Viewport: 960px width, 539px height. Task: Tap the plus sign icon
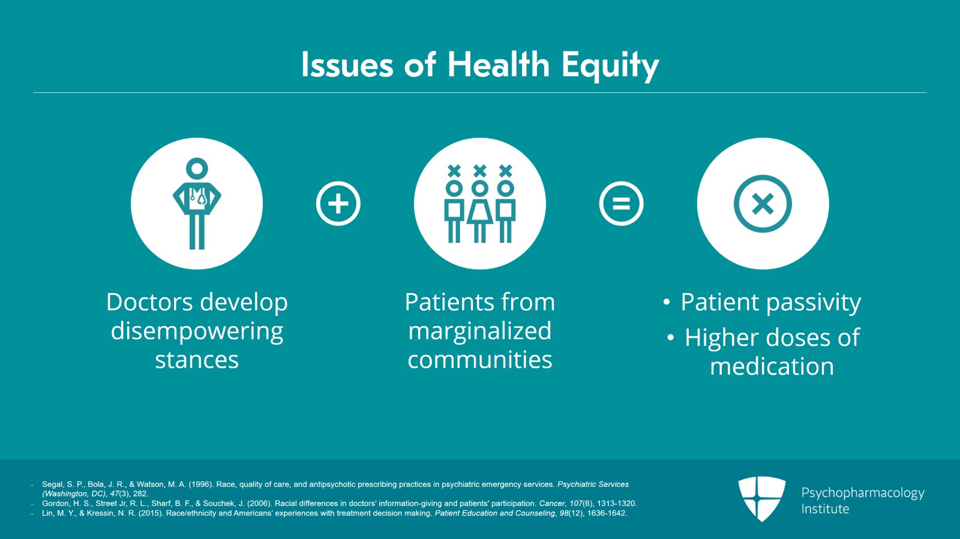[338, 203]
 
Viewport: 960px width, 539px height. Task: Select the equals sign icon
[621, 203]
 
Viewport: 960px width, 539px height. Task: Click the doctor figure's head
[197, 168]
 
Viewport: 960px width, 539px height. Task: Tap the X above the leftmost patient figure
[454, 171]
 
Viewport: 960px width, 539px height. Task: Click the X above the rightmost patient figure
[506, 171]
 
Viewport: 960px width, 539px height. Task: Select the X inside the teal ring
[763, 204]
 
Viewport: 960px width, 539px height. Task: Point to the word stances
[197, 360]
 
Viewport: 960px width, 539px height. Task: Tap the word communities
[479, 359]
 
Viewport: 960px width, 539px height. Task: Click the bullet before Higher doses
[671, 338]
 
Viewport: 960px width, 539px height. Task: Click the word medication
[772, 366]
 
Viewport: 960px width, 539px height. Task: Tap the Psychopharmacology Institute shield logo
[761, 499]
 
